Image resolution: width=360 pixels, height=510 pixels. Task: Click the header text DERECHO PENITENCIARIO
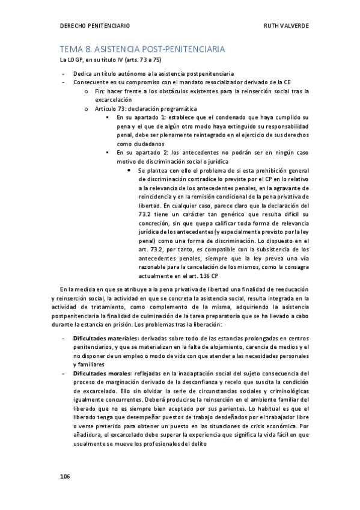(96, 26)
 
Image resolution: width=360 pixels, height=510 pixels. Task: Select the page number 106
(65, 476)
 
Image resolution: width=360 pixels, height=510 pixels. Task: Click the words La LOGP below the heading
(69, 61)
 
